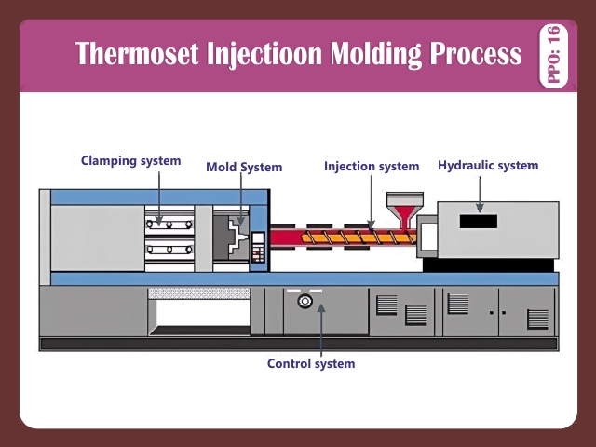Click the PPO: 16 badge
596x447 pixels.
click(x=555, y=56)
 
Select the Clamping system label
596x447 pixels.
click(x=130, y=160)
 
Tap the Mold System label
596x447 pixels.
click(x=244, y=168)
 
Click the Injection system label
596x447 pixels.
click(x=372, y=166)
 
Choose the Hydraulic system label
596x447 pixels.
click(x=488, y=165)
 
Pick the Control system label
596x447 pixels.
click(x=311, y=363)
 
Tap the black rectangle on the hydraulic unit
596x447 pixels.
click(x=478, y=222)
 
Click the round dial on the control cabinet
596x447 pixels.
click(x=303, y=302)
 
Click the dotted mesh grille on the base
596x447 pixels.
click(x=199, y=292)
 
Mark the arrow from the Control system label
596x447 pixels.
click(x=319, y=331)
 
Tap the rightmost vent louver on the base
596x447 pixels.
click(x=537, y=318)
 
